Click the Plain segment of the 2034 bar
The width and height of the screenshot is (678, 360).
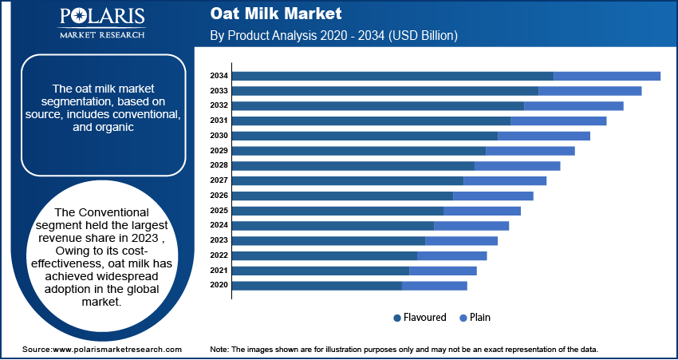pos(607,76)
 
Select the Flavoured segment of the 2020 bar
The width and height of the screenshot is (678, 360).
pos(317,285)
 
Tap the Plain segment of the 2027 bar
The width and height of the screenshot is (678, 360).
pos(505,180)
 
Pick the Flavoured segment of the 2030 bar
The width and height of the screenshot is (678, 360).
pos(365,136)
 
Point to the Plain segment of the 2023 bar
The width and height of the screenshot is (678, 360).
pos(462,240)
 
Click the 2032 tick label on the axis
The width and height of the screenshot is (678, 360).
pos(219,105)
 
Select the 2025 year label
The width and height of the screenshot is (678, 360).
pos(219,211)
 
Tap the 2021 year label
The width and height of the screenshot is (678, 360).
pos(219,271)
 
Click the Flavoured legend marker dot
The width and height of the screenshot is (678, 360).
pos(397,318)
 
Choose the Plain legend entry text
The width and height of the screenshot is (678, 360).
pos(480,318)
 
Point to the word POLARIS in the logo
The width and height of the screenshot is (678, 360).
pos(101,18)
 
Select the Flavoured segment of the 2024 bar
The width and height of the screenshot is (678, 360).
pos(333,225)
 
